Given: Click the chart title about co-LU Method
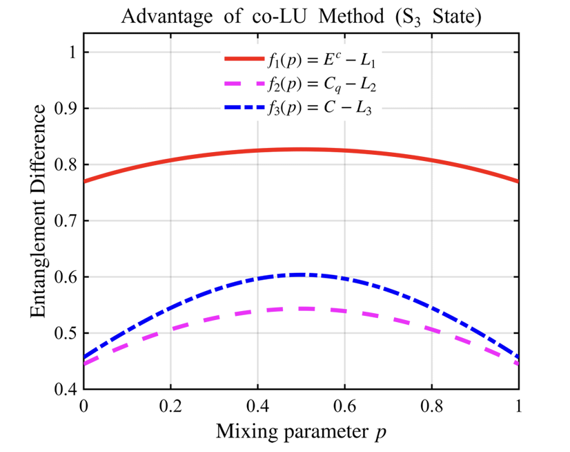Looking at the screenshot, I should click(301, 16).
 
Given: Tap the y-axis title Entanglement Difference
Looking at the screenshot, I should click(39, 220).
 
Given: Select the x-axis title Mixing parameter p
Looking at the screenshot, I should click(301, 433).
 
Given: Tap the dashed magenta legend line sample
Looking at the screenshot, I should click(244, 84).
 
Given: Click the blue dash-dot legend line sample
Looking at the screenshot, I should click(244, 107).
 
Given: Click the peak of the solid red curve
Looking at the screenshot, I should click(301, 149).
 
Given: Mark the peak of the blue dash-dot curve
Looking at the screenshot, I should click(301, 274).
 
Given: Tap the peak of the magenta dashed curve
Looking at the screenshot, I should click(301, 308).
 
